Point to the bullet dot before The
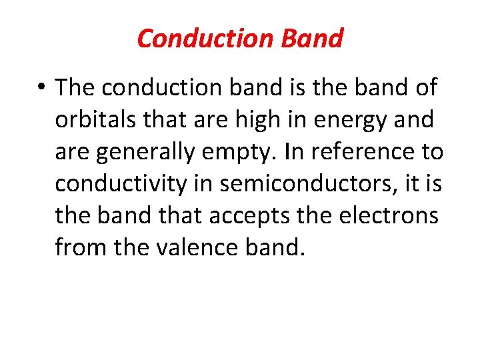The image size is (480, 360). [x=43, y=88]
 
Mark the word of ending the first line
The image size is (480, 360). [x=424, y=87]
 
